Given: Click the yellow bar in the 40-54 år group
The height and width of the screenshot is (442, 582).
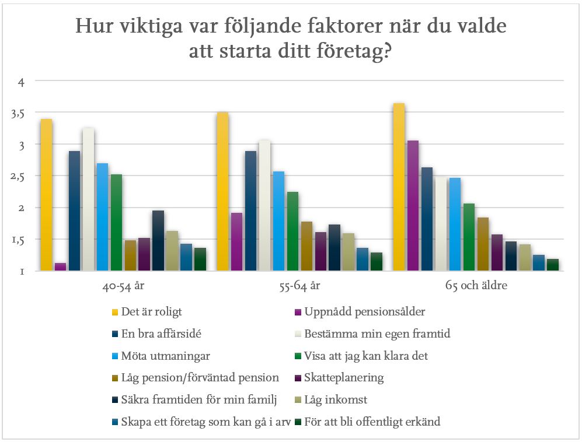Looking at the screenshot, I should pos(47,195).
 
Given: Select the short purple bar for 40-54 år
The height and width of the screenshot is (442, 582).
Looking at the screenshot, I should pos(61,267).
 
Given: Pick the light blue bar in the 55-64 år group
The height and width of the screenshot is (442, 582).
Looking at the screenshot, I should pos(278,221).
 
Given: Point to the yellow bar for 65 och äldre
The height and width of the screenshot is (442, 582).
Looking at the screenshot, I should pos(399,187).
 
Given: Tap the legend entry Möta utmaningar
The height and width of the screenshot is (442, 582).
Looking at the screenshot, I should pos(159,356).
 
